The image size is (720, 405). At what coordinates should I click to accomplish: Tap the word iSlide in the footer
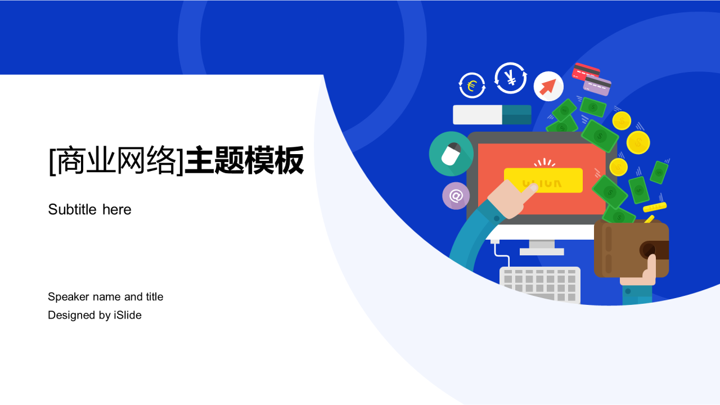coord(128,315)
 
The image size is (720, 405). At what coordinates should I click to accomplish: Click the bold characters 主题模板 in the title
coord(245,160)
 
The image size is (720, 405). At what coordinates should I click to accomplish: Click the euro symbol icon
coord(472,86)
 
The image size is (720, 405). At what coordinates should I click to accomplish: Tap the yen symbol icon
coord(511,78)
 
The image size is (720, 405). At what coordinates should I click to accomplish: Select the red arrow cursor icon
coord(548,86)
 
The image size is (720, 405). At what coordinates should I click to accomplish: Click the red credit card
coord(586,71)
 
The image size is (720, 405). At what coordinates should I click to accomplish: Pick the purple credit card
coord(597,85)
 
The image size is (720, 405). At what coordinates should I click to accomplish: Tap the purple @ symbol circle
coord(456,196)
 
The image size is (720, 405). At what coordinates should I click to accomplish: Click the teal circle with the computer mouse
coord(451,154)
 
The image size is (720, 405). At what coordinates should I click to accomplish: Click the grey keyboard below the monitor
coord(540,284)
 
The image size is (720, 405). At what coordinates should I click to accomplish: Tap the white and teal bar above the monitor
coord(492,115)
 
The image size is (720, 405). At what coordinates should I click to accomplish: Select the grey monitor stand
coord(542,247)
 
